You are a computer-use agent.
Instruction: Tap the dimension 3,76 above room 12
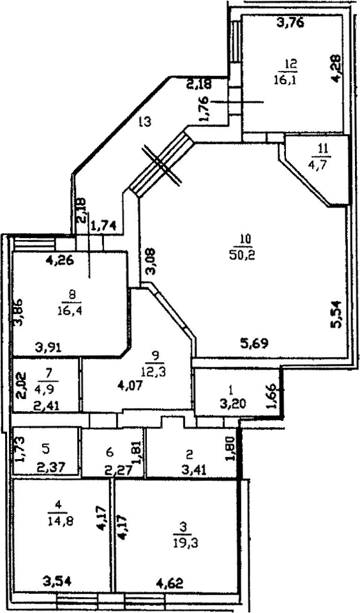pos(290,24)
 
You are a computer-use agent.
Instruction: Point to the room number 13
pos(144,123)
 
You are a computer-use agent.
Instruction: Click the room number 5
pos(46,450)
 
